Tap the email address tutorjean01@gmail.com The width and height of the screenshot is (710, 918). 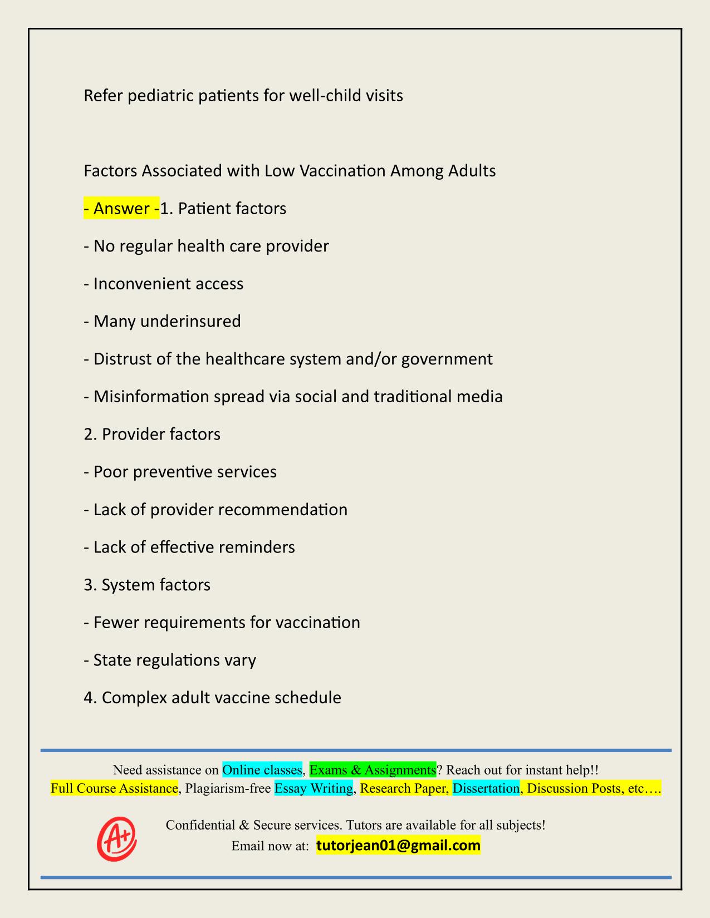pos(398,846)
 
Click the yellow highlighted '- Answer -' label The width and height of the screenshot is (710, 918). pos(121,209)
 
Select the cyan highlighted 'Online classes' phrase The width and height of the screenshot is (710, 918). pos(262,769)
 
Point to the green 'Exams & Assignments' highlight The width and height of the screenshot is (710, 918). pos(373,769)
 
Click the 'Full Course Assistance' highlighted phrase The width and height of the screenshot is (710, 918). pos(114,788)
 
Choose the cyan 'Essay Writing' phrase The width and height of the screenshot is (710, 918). pos(314,788)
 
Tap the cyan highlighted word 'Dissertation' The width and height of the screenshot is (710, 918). pos(486,788)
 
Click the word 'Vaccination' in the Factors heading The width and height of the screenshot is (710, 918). pos(342,170)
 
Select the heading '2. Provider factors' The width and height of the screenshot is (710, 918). pos(152,434)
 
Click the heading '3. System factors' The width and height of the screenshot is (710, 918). pos(147,585)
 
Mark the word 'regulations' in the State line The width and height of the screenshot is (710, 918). pos(171,660)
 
